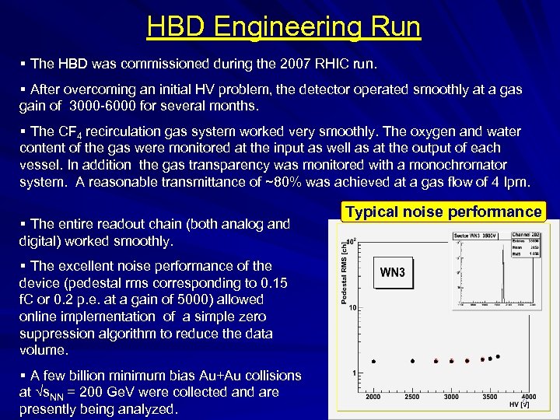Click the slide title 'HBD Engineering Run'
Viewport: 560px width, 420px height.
pos(283,26)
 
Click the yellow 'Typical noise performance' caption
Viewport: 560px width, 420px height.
pos(443,212)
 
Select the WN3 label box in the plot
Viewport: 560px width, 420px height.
pos(392,273)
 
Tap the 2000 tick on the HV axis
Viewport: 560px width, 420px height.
pos(373,396)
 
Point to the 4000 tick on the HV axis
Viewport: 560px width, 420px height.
pos(528,396)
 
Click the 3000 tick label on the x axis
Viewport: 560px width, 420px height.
pos(451,396)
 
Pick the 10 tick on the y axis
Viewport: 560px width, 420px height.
pos(352,308)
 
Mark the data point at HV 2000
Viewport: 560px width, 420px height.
pos(374,362)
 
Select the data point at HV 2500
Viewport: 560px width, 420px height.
pos(412,362)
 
